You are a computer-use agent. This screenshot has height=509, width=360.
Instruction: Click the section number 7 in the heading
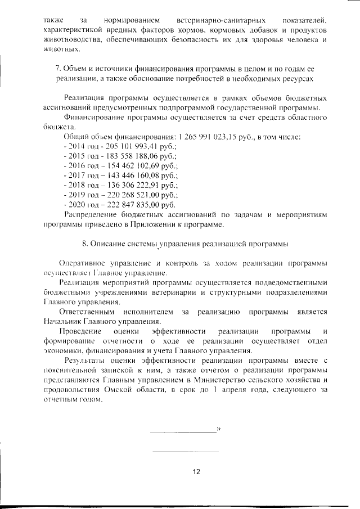(57, 68)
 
